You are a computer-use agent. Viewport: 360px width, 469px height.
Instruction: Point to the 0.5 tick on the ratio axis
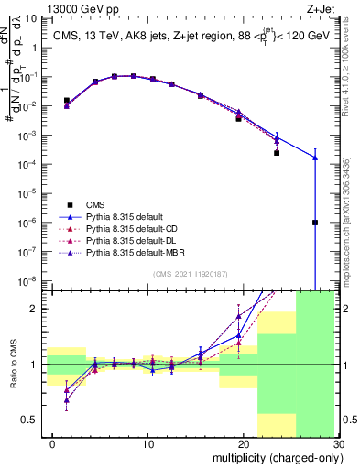point(31,420)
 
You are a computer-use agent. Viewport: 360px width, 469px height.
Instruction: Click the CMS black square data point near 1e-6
point(314,223)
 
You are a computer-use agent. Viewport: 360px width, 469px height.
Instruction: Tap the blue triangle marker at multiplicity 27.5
point(314,158)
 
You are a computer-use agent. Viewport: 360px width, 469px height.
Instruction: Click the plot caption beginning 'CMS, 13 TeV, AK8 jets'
point(186,37)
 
